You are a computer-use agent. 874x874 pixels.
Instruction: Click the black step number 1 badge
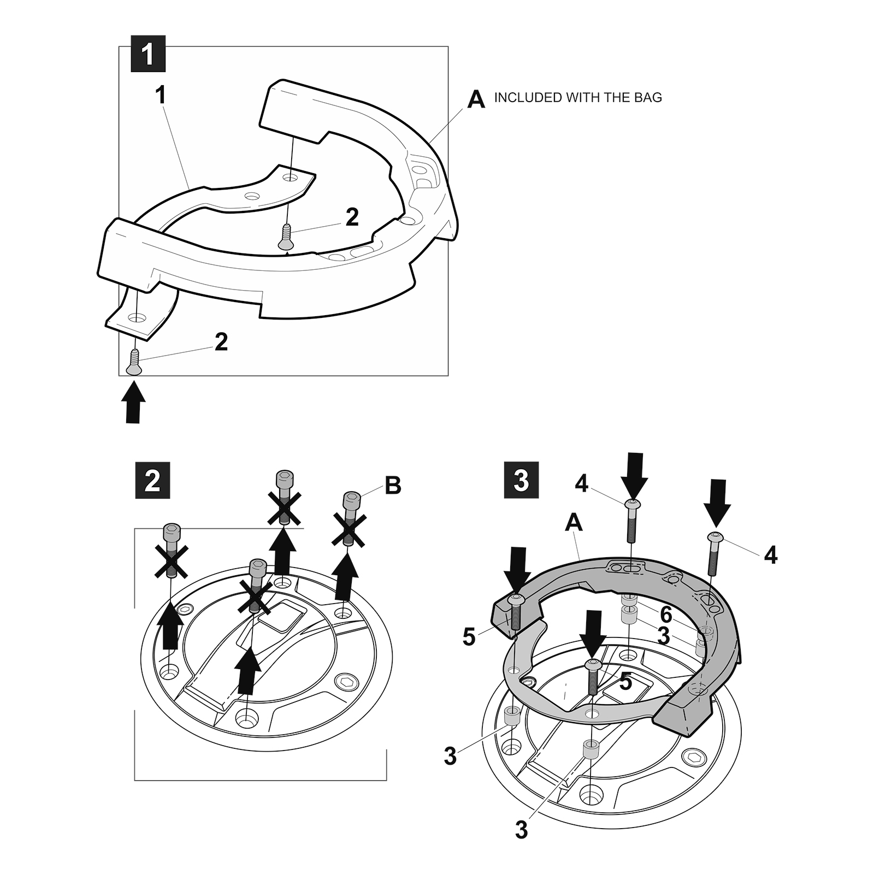click(148, 54)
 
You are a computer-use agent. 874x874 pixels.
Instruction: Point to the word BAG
click(647, 98)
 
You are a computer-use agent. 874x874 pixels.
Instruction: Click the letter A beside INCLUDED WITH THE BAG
click(476, 99)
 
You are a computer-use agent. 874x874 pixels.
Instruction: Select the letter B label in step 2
click(393, 485)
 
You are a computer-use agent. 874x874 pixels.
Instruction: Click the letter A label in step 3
click(574, 523)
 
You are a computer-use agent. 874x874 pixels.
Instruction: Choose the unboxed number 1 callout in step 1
click(160, 95)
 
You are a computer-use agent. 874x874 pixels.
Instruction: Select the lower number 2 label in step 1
click(221, 342)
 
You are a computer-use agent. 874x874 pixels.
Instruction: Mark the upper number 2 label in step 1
click(352, 217)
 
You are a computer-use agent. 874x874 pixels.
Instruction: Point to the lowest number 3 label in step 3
click(521, 830)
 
